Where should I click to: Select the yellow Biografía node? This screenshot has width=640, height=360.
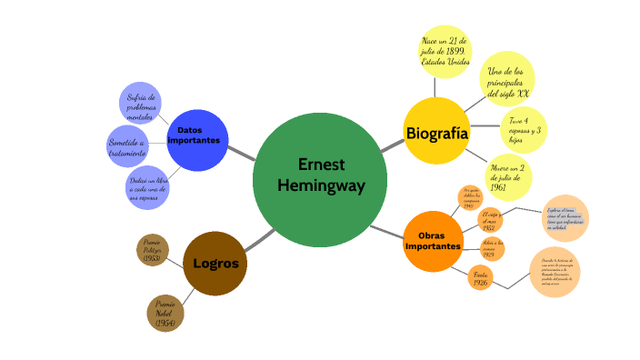point(436,133)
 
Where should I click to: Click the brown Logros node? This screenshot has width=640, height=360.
point(215,264)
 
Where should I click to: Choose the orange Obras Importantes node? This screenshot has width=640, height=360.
point(433,241)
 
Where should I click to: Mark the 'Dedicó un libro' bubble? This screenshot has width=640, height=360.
point(147,188)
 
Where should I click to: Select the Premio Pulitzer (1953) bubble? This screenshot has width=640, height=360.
point(153,251)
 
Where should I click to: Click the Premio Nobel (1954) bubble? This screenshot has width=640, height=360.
point(165,313)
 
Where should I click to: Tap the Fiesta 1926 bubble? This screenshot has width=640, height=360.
point(480,277)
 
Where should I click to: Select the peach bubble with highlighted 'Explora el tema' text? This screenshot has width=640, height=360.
point(565,218)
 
